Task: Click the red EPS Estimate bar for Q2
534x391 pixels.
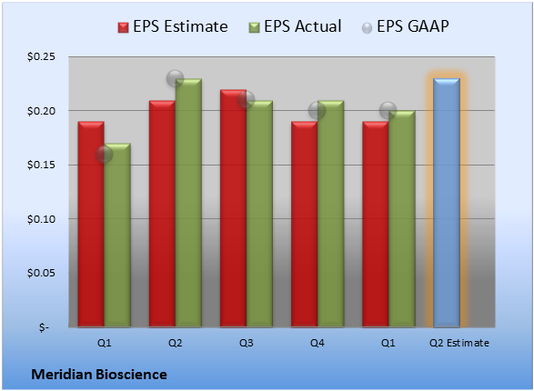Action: pos(162,214)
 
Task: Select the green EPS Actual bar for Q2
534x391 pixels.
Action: pos(188,203)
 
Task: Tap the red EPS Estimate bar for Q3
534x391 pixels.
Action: pos(233,208)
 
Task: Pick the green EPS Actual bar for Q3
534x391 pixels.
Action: pos(259,214)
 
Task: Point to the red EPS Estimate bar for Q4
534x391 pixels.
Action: pos(304,225)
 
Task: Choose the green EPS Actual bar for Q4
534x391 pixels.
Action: pos(330,214)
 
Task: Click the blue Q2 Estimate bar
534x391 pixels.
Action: pos(447,203)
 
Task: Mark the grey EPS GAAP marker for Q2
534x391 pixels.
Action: pos(175,78)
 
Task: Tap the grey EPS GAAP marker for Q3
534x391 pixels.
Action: pos(247,100)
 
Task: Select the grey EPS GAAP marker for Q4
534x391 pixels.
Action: pos(317,111)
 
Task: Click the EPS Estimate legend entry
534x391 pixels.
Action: pos(173,26)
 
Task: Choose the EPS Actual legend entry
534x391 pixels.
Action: pos(295,26)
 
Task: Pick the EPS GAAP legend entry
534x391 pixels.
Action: pos(405,26)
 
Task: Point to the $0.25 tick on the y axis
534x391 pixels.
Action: pos(41,56)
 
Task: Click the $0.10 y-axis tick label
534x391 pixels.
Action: pos(41,219)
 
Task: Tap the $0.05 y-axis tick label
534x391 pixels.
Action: pos(41,273)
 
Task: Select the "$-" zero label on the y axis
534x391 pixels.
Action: pos(44,327)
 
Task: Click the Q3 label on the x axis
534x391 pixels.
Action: pos(247,343)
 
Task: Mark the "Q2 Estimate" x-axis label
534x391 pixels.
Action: pos(459,343)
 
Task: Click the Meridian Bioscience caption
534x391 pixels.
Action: pos(99,375)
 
